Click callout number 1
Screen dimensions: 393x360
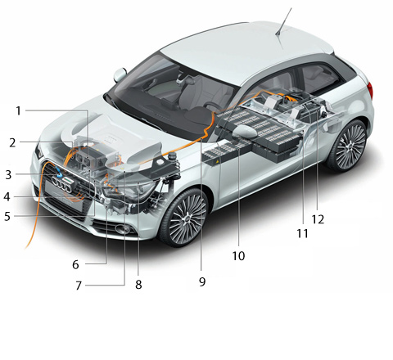[x=18, y=111]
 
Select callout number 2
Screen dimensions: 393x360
[x=12, y=142]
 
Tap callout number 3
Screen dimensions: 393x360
[x=8, y=175]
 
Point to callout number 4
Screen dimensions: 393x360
[x=7, y=196]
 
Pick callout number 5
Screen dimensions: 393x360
[x=7, y=216]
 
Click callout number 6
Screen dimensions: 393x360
[x=75, y=264]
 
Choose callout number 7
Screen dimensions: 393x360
[x=79, y=286]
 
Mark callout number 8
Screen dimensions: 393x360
[x=138, y=285]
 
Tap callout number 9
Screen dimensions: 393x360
[x=202, y=281]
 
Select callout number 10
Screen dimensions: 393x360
[x=238, y=256]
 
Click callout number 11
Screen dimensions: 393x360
[x=302, y=233]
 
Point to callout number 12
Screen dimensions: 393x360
[x=318, y=219]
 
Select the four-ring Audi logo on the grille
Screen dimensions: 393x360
[x=61, y=183]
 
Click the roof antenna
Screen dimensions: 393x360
[x=283, y=21]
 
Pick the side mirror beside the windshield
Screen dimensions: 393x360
[x=120, y=74]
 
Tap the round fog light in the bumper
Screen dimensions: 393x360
[x=123, y=229]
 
